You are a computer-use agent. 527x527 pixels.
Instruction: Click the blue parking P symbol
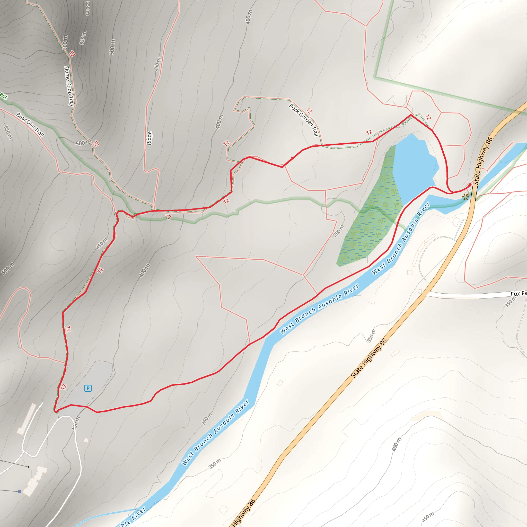pyautogui.click(x=88, y=388)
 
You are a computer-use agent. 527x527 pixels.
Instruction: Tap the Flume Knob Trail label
pyautogui.click(x=69, y=86)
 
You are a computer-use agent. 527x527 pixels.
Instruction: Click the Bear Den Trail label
pyautogui.click(x=30, y=124)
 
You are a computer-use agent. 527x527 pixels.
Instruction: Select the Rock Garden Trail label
pyautogui.click(x=304, y=120)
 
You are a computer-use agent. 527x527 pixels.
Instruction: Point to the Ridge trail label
pyautogui.click(x=149, y=138)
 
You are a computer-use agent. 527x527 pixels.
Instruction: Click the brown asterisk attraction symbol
pyautogui.click(x=465, y=197)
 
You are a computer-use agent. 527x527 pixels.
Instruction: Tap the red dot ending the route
pyautogui.click(x=470, y=185)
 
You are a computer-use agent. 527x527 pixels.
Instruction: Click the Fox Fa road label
pyautogui.click(x=519, y=294)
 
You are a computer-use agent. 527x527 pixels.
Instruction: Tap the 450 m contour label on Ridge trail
pyautogui.click(x=157, y=64)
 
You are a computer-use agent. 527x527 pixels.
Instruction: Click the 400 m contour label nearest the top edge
pyautogui.click(x=249, y=17)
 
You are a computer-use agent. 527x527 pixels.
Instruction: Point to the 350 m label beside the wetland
pyautogui.click(x=339, y=231)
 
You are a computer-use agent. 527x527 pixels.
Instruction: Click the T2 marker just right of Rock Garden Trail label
pyautogui.click(x=309, y=110)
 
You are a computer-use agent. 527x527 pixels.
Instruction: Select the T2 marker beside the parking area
pyautogui.click(x=64, y=387)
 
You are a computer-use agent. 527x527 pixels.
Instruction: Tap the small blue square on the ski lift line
pyautogui.click(x=20, y=491)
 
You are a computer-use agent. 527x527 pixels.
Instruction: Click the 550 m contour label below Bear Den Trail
pyautogui.click(x=8, y=133)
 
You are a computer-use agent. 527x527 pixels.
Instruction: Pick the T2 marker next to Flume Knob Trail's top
pyautogui.click(x=72, y=54)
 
